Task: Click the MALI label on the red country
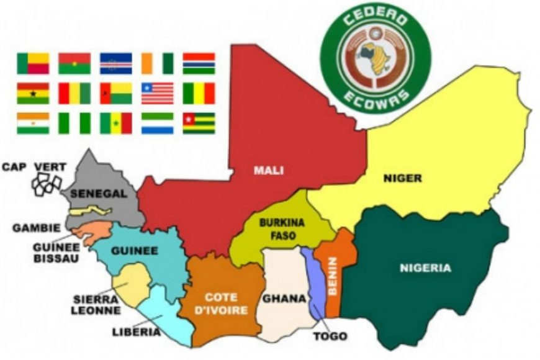(269, 169)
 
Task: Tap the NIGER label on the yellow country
(402, 179)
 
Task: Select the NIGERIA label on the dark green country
(426, 268)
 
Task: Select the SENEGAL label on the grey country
(99, 194)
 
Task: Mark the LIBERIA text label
(136, 332)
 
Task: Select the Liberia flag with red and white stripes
(157, 93)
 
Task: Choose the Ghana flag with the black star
(33, 93)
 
